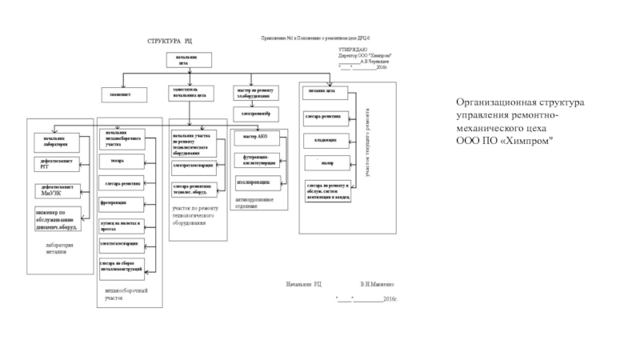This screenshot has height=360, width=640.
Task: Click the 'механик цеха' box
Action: pyautogui.click(x=326, y=90)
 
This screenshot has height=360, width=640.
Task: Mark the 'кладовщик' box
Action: pyautogui.click(x=326, y=140)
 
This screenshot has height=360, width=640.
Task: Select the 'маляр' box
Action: pyautogui.click(x=326, y=163)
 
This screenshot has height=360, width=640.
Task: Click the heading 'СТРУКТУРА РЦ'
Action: pyautogui.click(x=169, y=40)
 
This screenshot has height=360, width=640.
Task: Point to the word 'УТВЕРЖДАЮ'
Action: pyautogui.click(x=353, y=50)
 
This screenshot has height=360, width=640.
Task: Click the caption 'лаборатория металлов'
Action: pyautogui.click(x=60, y=248)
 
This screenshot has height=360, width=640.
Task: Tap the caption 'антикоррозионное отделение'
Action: pyautogui.click(x=254, y=202)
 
